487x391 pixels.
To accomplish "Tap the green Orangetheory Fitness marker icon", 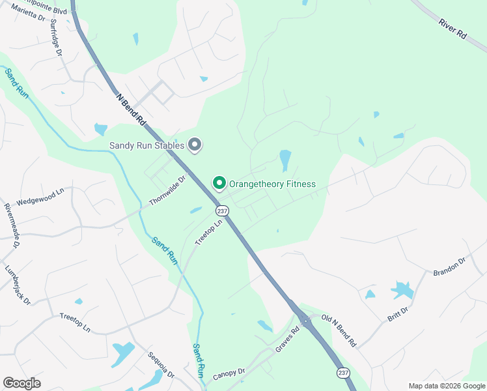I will pyautogui.click(x=219, y=184).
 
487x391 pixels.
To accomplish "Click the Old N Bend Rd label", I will pyautogui.click(x=339, y=330).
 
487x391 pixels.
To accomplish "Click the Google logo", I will pyautogui.click(x=21, y=383).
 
